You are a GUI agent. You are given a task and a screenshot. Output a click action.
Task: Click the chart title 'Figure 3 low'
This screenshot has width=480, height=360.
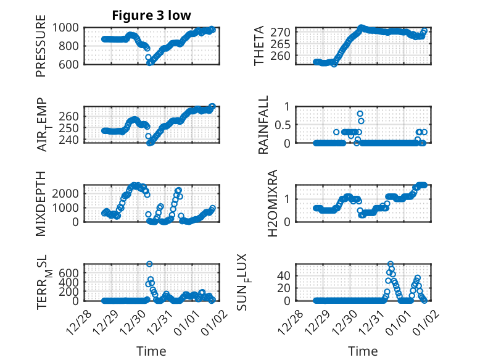coord(151,15)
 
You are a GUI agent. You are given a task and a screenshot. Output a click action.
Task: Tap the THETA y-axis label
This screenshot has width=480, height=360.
coord(259,45)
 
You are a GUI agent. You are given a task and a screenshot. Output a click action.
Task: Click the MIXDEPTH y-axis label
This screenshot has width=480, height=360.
coord(41,203)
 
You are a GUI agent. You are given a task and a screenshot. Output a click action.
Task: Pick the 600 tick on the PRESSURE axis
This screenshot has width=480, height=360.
coord(70,64)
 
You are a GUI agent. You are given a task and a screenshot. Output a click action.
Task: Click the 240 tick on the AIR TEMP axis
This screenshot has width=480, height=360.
coord(70,139)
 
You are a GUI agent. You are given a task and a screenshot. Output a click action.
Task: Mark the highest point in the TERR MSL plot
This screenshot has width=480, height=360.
coord(149,264)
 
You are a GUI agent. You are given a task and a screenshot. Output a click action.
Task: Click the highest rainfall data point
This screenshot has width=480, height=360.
coord(360,114)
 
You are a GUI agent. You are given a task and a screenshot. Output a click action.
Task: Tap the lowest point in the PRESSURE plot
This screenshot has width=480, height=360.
coord(149,63)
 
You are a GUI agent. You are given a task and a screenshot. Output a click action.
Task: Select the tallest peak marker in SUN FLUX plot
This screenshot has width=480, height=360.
coord(390,264)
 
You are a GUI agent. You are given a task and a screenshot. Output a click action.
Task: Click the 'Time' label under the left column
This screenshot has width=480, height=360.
coord(151,351)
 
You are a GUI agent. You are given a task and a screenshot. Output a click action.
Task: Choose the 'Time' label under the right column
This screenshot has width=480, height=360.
coord(363,351)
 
